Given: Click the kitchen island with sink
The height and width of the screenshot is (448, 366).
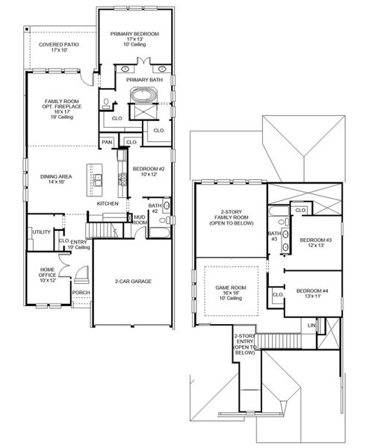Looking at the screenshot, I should (98, 179).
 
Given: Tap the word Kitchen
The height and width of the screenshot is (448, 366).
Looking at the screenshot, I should (108, 203).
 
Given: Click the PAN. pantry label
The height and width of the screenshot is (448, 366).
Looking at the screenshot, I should (108, 141).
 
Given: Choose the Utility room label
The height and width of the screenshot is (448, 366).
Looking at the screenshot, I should (41, 232).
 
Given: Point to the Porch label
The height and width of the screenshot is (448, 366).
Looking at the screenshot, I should (81, 293).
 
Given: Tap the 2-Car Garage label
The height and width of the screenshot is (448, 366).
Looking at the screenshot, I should (134, 281).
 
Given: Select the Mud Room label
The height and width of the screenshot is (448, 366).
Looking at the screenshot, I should (139, 220).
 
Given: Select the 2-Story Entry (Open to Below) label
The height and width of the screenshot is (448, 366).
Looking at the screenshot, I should (244, 343).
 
